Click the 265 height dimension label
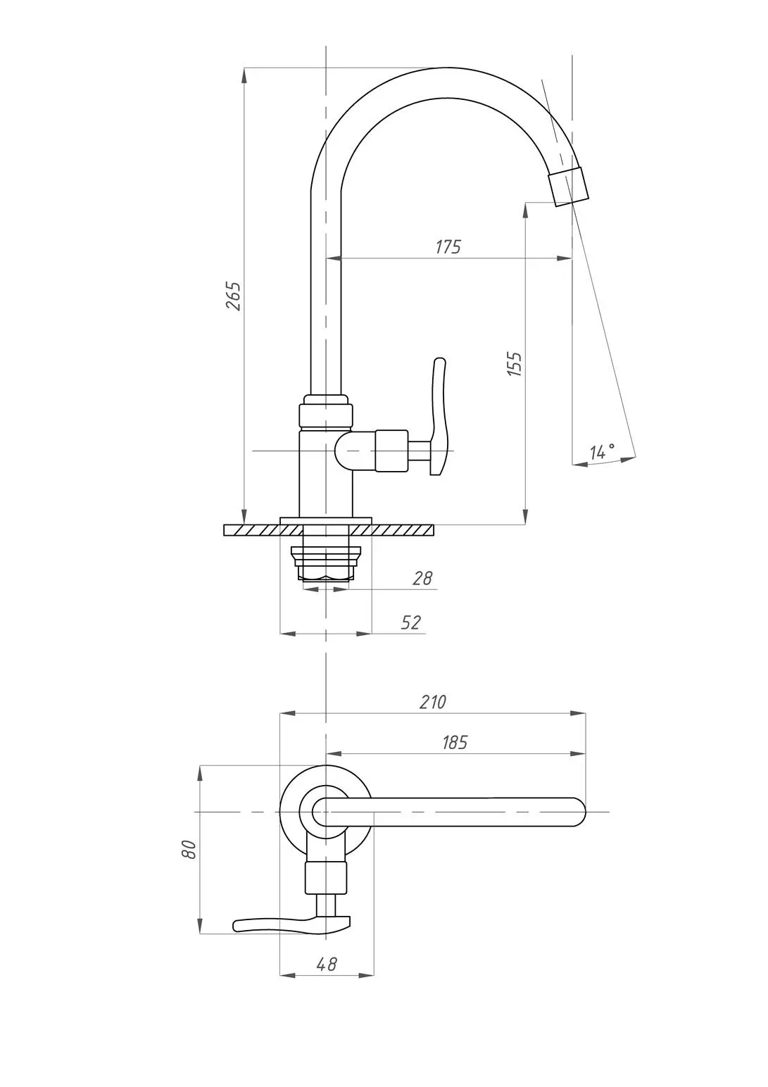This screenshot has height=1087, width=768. tap(233, 296)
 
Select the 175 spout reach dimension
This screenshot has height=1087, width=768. tap(448, 247)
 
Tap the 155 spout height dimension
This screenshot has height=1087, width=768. tap(515, 364)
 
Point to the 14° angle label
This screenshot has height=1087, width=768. tap(603, 451)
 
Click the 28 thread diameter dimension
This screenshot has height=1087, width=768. tap(422, 578)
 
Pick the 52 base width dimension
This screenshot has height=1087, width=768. tap(411, 622)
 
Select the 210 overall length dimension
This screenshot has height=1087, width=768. tap(432, 702)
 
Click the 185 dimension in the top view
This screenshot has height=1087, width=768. tap(455, 742)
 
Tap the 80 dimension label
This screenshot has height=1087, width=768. tap(189, 849)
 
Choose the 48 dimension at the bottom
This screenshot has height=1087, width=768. tap(327, 965)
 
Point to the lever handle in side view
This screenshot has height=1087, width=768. tap(438, 416)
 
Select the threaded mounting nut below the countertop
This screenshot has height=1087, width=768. tap(325, 563)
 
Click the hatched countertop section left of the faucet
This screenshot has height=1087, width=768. tap(252, 530)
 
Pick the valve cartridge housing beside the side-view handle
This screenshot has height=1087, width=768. tap(391, 451)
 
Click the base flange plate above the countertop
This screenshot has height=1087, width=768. tap(325, 521)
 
